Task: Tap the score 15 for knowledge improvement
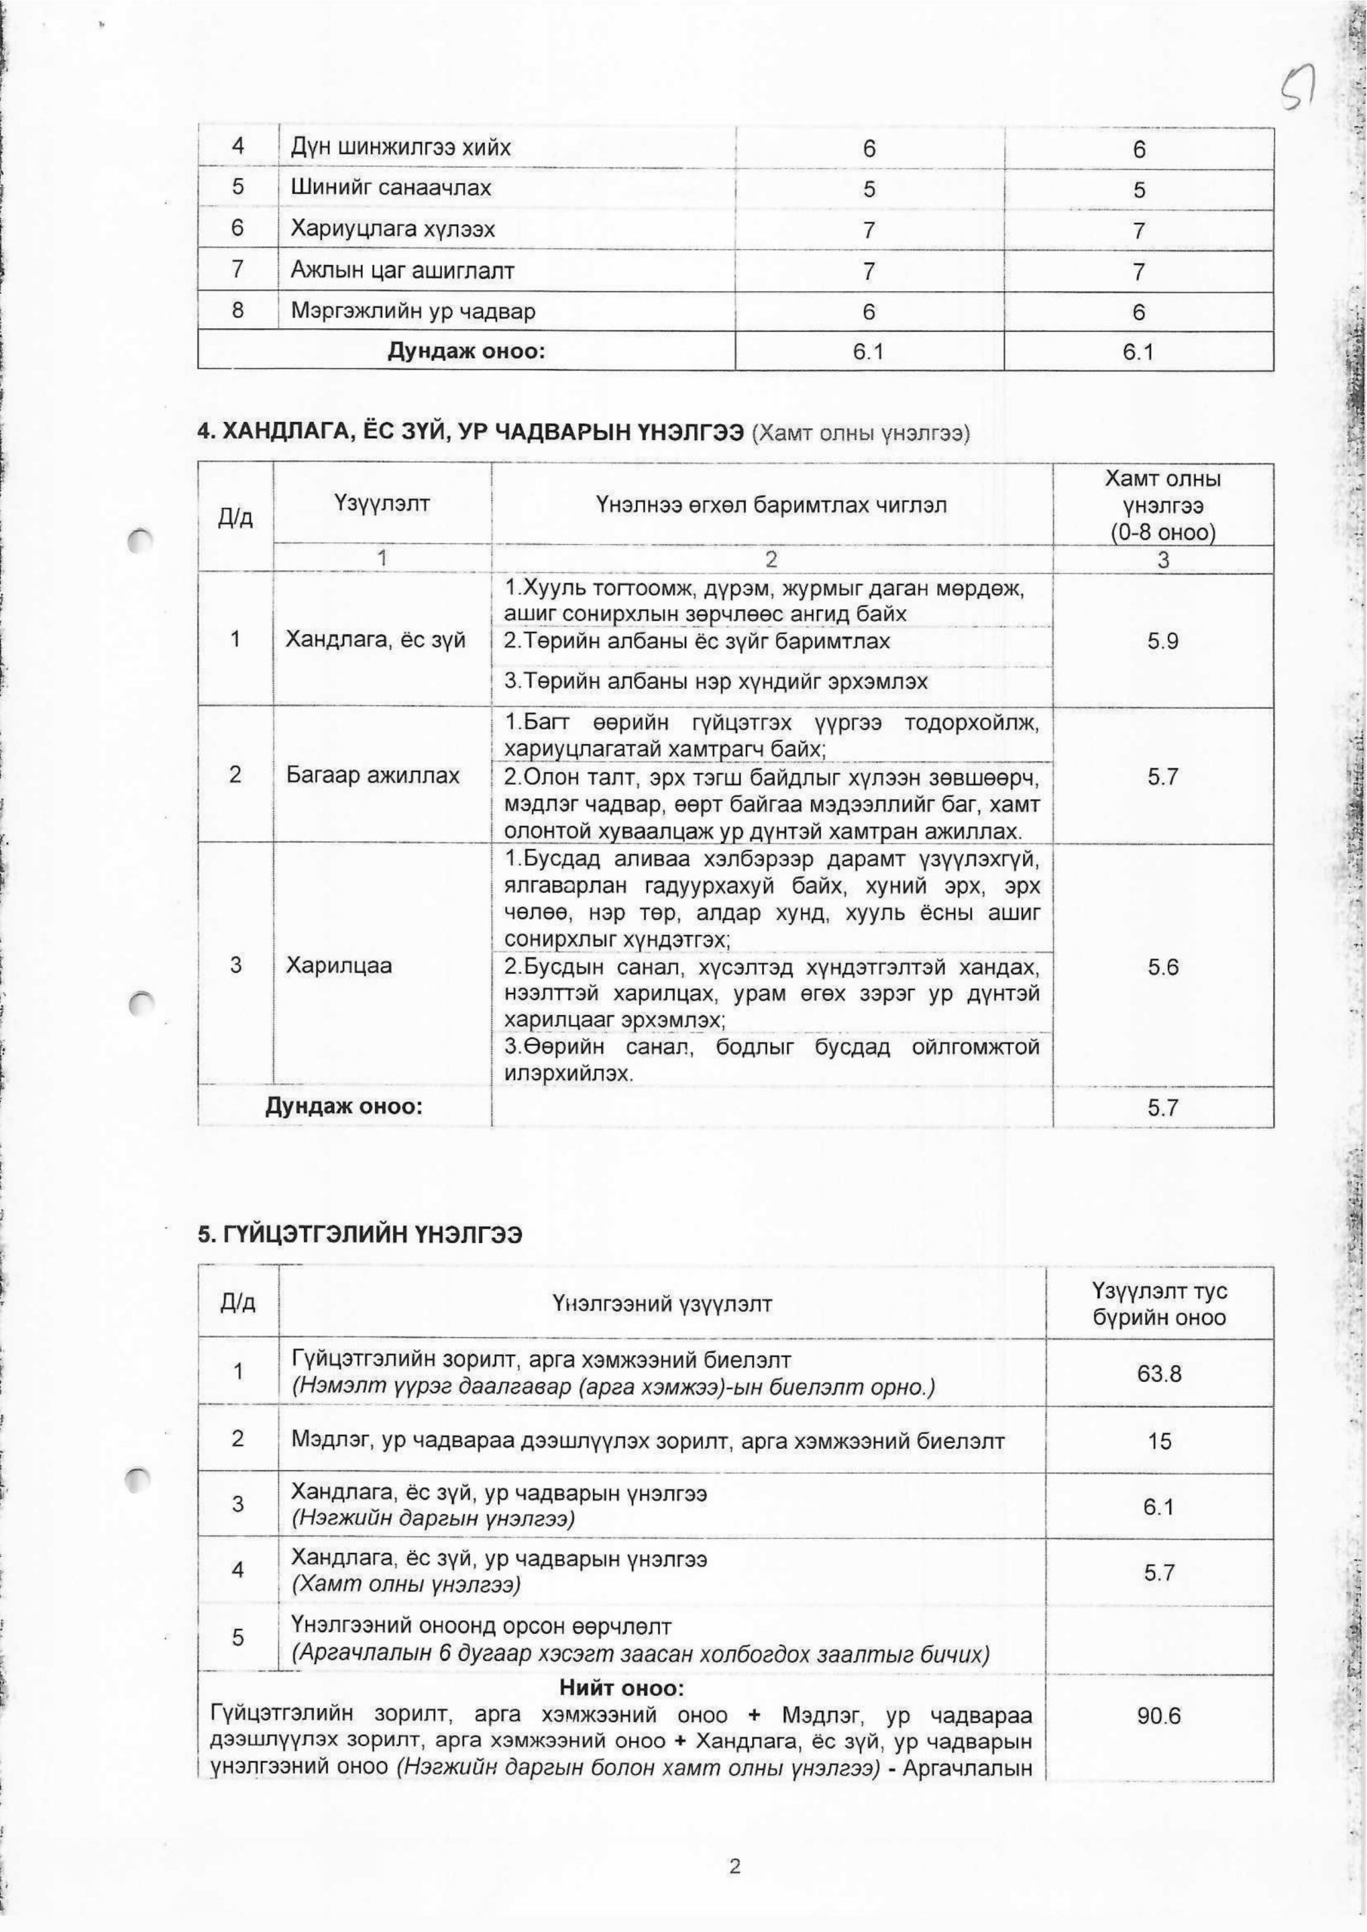point(1159,1441)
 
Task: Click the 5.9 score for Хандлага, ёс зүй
point(1163,641)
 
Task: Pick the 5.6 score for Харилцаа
point(1163,968)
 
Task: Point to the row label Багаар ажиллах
point(373,774)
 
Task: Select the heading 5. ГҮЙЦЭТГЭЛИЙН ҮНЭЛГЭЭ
point(361,1235)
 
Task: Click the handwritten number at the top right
point(1298,93)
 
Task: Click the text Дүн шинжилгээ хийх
point(401,148)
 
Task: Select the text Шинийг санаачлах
point(391,188)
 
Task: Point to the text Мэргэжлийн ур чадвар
point(413,312)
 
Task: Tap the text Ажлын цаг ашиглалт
point(402,270)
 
